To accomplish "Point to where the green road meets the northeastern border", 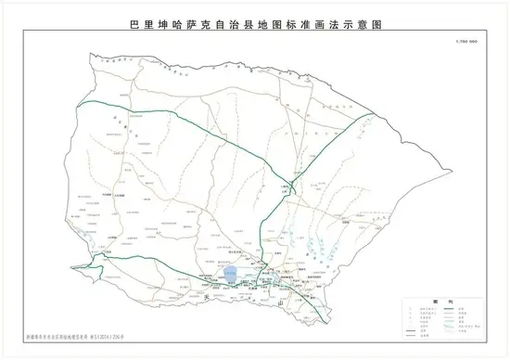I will (377, 113).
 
